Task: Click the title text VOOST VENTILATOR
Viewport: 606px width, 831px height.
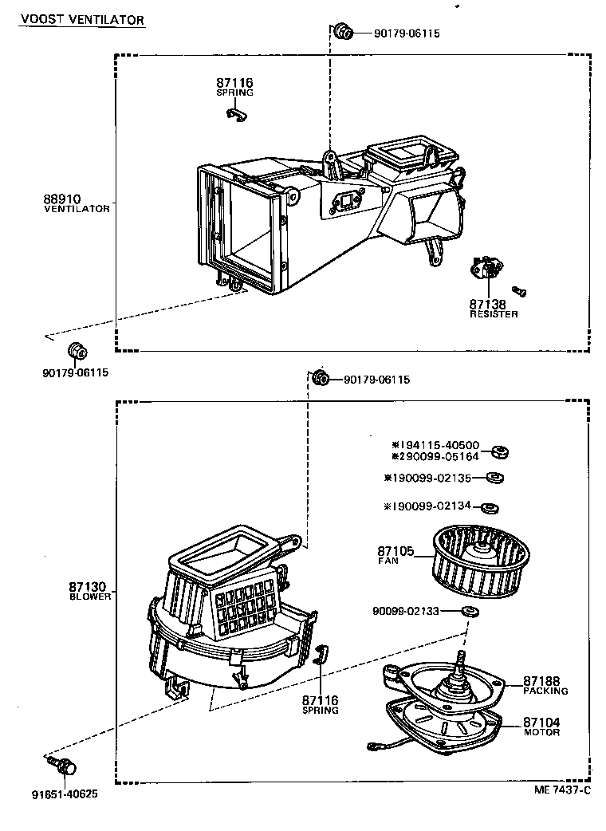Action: [x=82, y=18]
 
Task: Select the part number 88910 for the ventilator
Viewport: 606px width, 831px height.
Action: [x=62, y=199]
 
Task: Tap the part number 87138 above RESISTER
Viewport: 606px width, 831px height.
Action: [x=487, y=304]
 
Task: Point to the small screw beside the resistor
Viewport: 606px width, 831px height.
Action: [x=519, y=290]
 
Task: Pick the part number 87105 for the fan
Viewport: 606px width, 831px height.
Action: [x=396, y=551]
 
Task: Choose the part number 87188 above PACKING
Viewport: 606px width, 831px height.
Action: [x=542, y=680]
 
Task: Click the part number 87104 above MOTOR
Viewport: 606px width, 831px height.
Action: [x=542, y=723]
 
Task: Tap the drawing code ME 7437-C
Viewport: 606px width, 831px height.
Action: [x=562, y=790]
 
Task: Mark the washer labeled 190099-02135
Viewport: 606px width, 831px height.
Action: [x=494, y=478]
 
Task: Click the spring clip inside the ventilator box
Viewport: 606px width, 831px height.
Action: [x=235, y=116]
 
